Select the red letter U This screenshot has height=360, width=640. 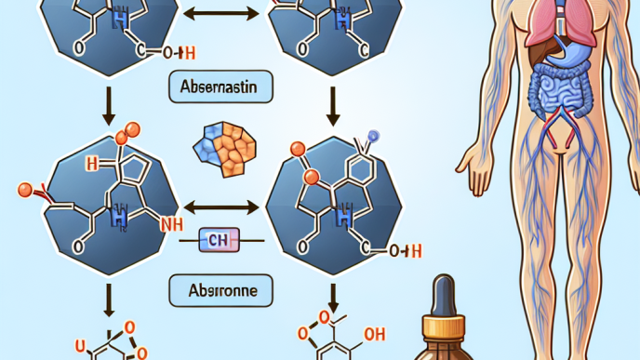coord(80,350)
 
